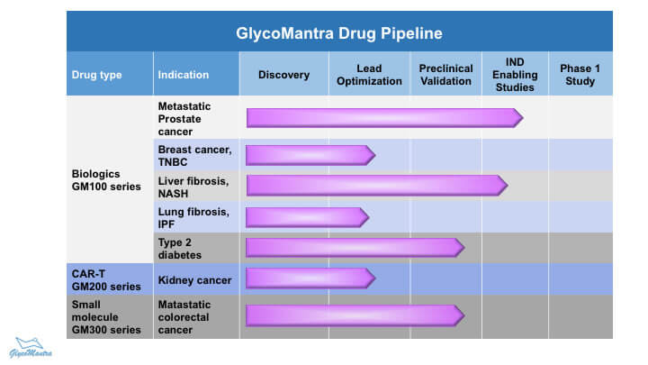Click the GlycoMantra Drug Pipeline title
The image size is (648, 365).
339,33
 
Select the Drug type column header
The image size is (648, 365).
96,75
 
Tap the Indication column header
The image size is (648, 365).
183,75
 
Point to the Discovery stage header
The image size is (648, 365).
283,75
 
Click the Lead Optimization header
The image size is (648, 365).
369,75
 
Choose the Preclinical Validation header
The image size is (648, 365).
445,75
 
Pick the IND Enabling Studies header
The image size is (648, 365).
515,75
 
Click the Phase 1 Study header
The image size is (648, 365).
580,75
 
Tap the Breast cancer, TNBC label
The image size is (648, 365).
194,156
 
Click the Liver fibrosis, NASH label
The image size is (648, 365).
193,187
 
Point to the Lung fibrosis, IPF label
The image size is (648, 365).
193,218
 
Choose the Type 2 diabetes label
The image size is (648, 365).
179,249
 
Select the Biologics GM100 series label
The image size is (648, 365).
106,180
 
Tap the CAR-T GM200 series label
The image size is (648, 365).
106,280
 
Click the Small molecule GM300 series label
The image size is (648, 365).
106,317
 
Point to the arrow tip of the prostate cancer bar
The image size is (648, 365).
523,118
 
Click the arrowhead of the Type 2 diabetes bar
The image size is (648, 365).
464,248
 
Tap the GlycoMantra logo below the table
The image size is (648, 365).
31,348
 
